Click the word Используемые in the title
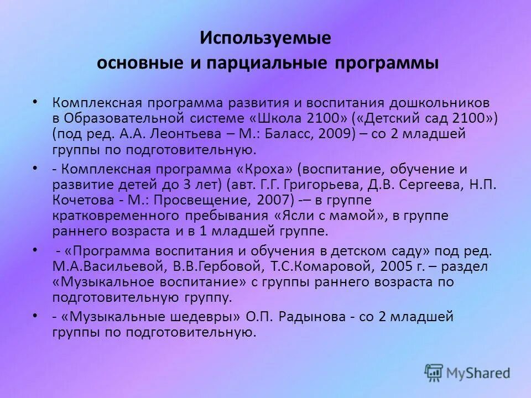(265, 38)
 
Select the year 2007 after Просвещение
(268, 199)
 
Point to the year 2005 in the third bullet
(393, 266)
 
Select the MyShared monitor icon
(435, 371)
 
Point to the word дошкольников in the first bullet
(441, 103)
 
